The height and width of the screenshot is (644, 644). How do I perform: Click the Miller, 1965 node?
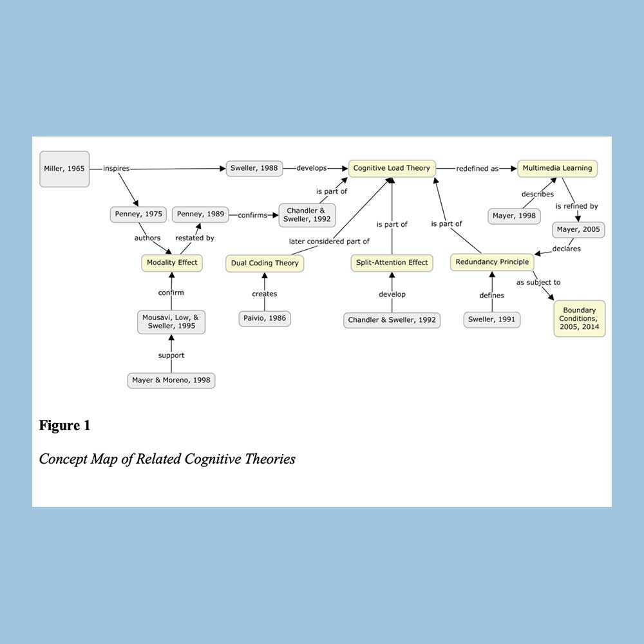coord(64,169)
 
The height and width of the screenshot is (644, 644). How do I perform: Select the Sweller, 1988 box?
coord(254,169)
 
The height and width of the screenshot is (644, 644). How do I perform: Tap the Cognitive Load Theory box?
coord(392,169)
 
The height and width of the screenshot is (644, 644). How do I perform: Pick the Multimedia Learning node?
coord(557,169)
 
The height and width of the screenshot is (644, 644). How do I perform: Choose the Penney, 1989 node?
coord(200,214)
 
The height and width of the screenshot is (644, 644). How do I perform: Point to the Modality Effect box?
coord(172,263)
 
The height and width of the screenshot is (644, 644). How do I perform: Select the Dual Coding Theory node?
coord(265,263)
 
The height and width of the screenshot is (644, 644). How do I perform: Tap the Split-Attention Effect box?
coord(392,263)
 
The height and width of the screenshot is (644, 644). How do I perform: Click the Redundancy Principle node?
coord(492,262)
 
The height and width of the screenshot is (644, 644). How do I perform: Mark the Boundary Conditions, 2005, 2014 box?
coord(579,319)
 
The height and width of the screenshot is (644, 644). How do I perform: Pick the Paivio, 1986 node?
coord(265,318)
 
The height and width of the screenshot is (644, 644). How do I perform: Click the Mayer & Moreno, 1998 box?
coord(171,381)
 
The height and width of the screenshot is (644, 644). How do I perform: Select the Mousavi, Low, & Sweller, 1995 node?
coord(171,322)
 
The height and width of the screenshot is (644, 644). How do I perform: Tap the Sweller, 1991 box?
coord(492,319)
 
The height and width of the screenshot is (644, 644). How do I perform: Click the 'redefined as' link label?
coord(477,169)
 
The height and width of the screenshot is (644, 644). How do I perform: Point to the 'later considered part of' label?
coord(329,241)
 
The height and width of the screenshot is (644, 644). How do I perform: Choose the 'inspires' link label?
coord(117,169)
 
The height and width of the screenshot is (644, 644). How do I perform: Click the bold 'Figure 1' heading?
coord(64,426)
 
